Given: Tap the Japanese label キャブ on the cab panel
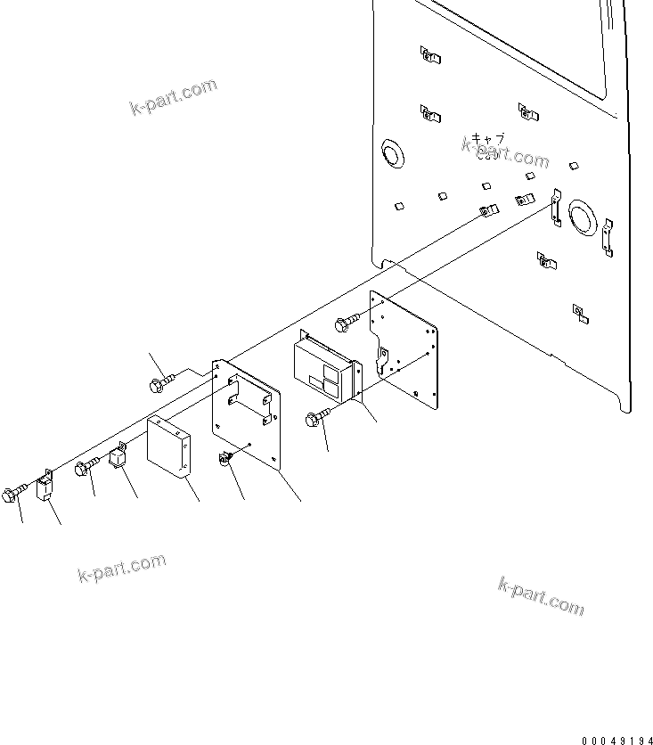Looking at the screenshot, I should click(488, 139).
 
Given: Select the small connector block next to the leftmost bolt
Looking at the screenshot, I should click(45, 487).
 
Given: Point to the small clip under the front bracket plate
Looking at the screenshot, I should click(226, 459).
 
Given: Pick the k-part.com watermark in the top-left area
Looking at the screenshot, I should click(174, 97).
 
